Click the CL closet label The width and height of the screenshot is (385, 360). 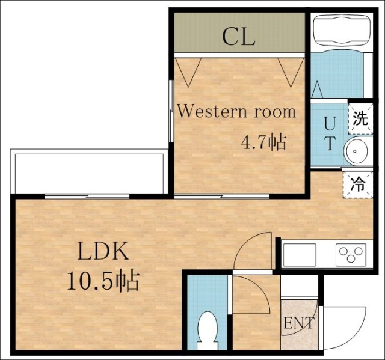239,37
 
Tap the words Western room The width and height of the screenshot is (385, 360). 236,112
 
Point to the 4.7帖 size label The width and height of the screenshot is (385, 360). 263,142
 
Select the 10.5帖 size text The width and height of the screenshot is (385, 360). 103,281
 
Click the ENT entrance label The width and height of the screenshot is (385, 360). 299,323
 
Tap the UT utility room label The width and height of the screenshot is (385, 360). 329,133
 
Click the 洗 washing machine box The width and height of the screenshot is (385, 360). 360,119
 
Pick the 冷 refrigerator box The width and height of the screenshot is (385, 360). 358,185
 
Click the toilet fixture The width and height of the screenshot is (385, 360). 208,331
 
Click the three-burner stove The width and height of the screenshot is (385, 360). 351,255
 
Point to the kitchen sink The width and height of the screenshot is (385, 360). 300,255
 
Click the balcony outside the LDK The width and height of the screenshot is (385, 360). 89,171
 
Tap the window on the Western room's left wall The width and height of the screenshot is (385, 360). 171,111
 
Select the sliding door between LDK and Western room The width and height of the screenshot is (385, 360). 221,196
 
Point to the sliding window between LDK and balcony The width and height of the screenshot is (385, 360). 87,196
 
